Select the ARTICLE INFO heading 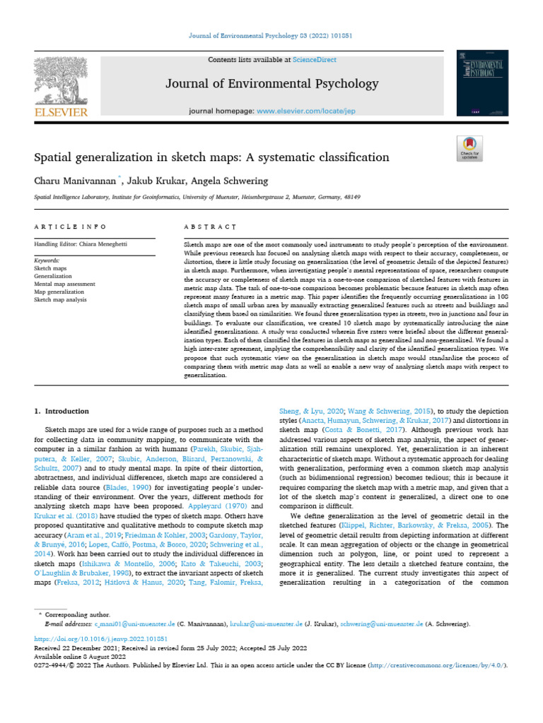[x=70, y=227]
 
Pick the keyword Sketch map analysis [x=60, y=299]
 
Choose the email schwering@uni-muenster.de [x=381, y=624]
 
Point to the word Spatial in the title [x=54, y=156]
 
